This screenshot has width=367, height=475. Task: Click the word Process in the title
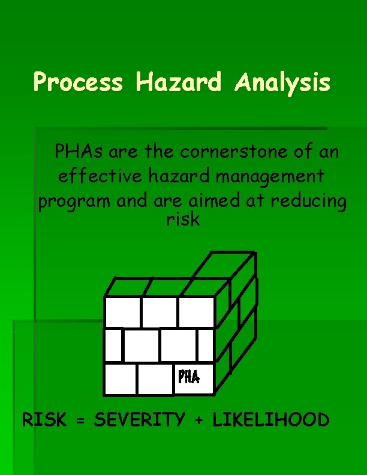78,82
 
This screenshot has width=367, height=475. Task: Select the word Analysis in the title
282,83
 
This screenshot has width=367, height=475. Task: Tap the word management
266,177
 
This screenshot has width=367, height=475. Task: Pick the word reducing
308,202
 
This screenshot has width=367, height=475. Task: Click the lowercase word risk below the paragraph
183,220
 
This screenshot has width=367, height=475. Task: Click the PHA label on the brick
188,377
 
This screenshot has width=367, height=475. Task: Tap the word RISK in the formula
44,420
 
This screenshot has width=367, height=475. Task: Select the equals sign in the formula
80,420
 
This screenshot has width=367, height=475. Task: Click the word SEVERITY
140,420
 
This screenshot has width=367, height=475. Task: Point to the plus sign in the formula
199,420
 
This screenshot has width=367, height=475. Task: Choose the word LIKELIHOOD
270,420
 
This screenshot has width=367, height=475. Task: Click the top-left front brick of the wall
122,312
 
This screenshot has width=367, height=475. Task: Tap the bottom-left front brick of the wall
119,379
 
